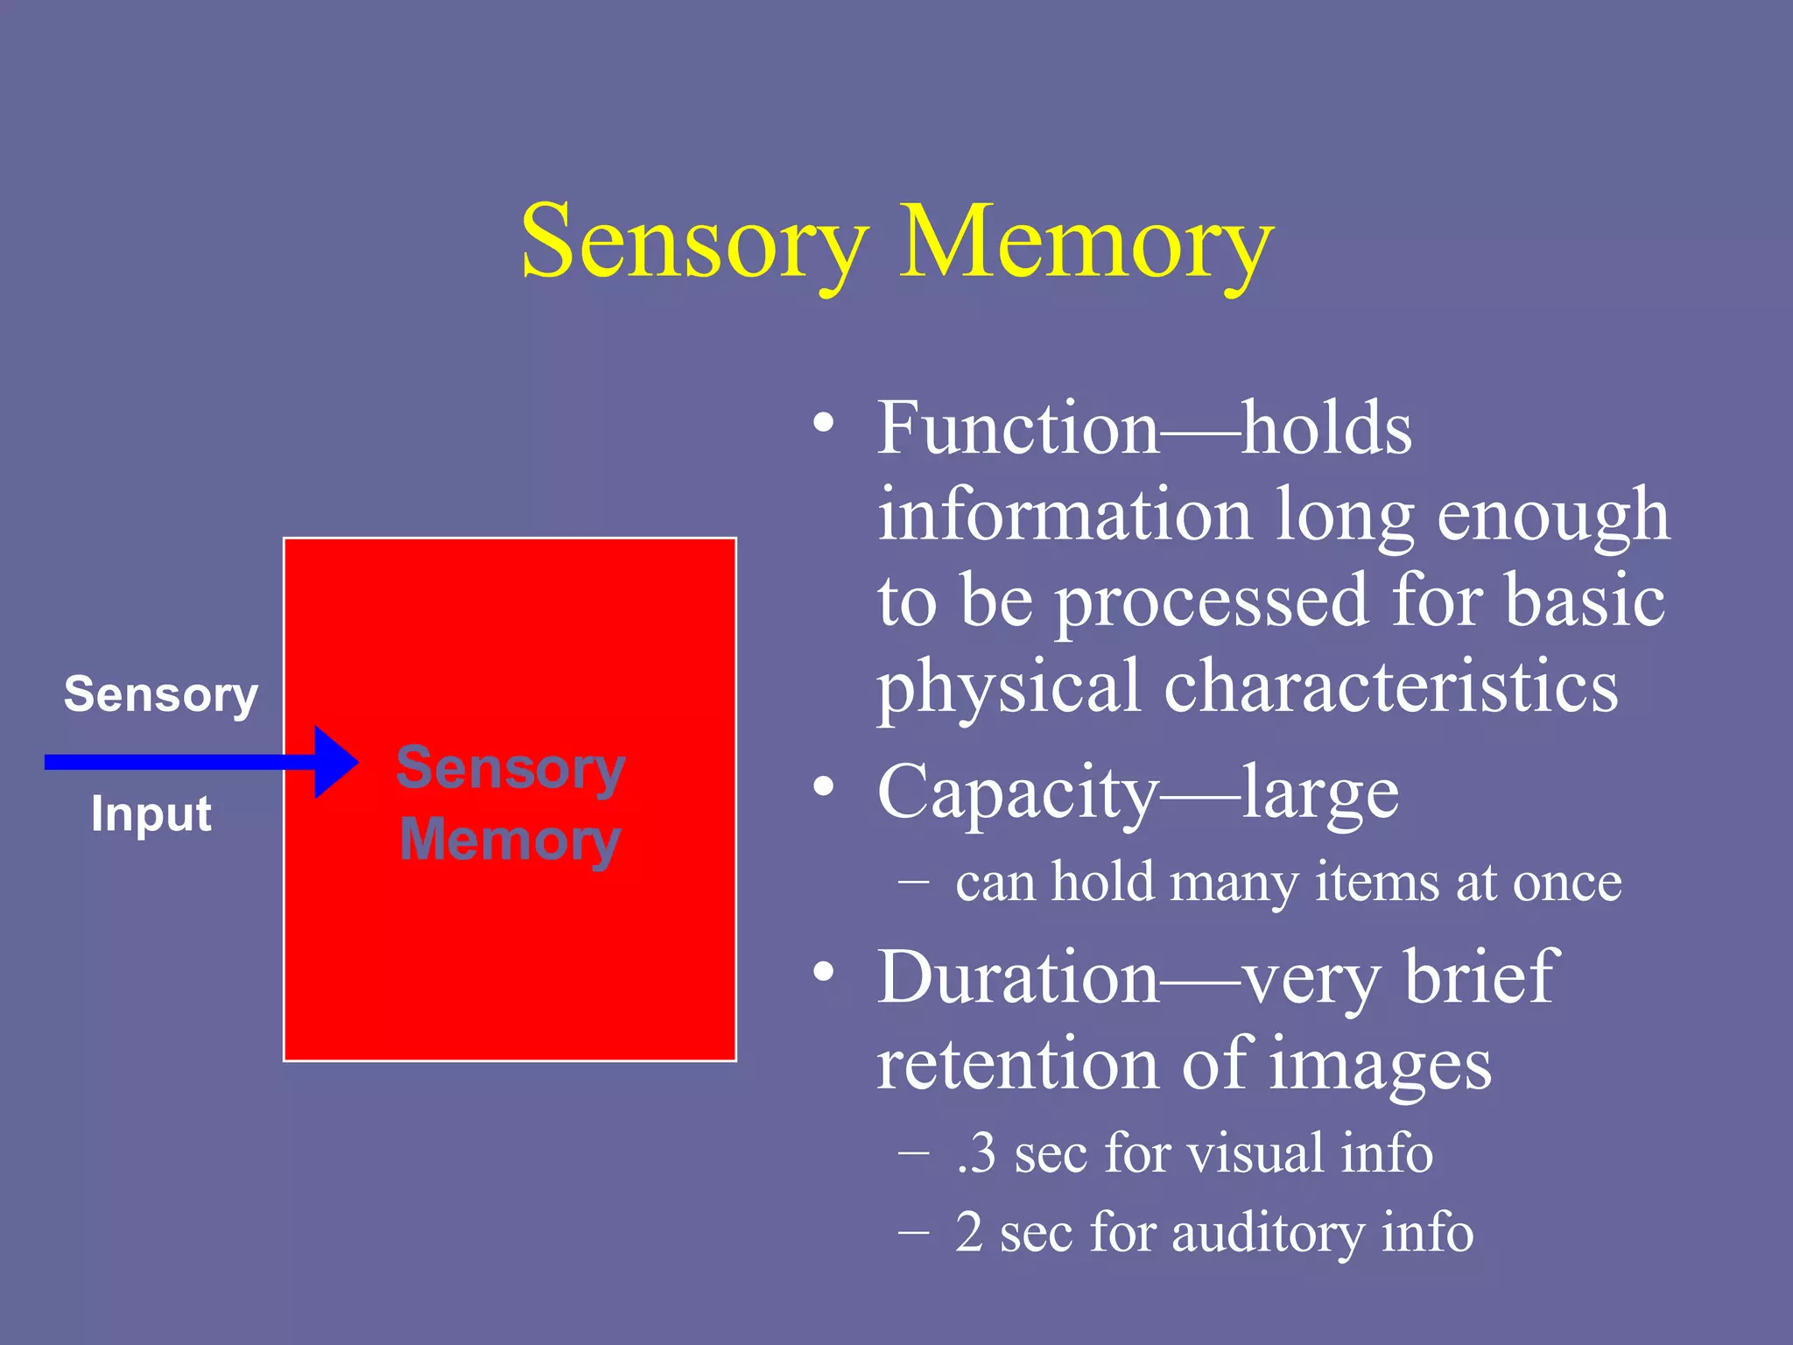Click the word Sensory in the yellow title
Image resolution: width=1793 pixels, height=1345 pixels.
point(694,242)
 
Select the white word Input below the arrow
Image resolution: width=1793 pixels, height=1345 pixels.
point(151,814)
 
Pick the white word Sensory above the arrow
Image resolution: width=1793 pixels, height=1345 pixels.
point(161,695)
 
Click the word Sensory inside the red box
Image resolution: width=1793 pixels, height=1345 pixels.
point(510,769)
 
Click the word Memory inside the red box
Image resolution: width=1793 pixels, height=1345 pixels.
point(510,840)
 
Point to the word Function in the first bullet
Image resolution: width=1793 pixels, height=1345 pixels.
point(1017,429)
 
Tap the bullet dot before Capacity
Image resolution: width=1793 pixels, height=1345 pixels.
point(823,786)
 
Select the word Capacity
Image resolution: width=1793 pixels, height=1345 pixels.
point(1017,792)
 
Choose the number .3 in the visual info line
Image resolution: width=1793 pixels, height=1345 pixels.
point(976,1153)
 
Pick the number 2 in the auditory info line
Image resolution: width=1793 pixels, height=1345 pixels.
point(969,1232)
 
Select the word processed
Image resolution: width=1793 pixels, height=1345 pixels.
point(1212,602)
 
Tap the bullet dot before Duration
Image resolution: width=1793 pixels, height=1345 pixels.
point(823,971)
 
